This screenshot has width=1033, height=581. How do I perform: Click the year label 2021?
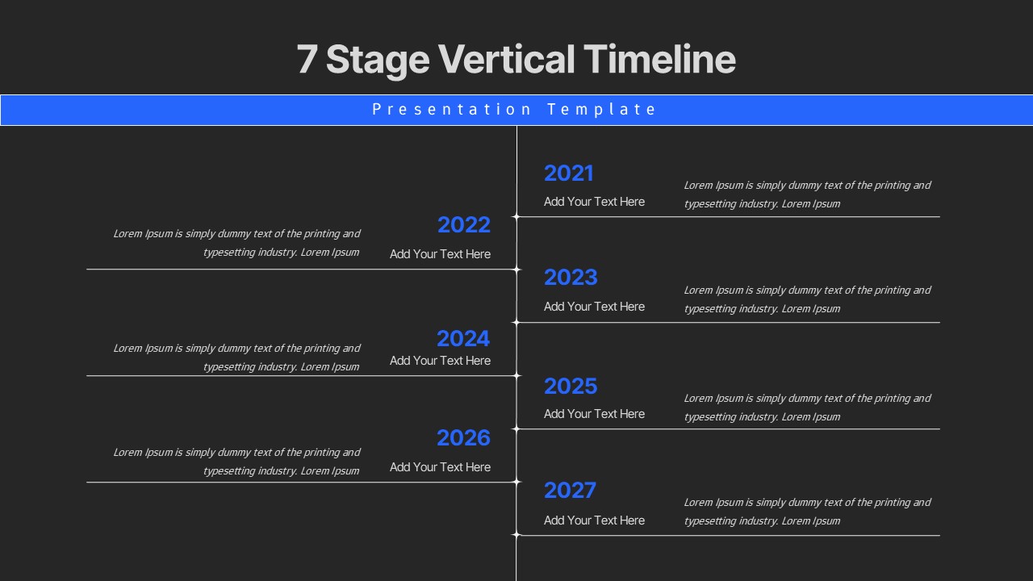pyautogui.click(x=568, y=173)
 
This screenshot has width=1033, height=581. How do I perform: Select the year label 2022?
pyautogui.click(x=463, y=225)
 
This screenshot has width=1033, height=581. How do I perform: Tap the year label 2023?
pyautogui.click(x=570, y=278)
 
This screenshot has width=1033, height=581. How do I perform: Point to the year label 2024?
pyautogui.click(x=463, y=339)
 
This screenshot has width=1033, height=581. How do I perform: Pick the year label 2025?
pyautogui.click(x=570, y=387)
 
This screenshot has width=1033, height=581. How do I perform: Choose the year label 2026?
pyautogui.click(x=463, y=438)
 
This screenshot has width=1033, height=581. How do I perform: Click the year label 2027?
pyautogui.click(x=570, y=491)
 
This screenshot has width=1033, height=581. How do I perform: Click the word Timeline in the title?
pyautogui.click(x=659, y=60)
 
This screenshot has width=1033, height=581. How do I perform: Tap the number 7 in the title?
pyautogui.click(x=306, y=60)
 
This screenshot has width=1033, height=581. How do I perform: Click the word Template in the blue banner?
pyautogui.click(x=602, y=110)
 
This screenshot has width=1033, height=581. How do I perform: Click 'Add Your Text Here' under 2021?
pyautogui.click(x=594, y=202)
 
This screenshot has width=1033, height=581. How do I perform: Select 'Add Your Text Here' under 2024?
pyautogui.click(x=440, y=361)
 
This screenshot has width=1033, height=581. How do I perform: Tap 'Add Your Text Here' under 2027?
pyautogui.click(x=594, y=520)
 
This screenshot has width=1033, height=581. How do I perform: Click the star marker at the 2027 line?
pyautogui.click(x=516, y=534)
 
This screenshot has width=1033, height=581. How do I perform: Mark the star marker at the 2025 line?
pyautogui.click(x=516, y=428)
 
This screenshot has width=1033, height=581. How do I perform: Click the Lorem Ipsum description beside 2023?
pyautogui.click(x=807, y=299)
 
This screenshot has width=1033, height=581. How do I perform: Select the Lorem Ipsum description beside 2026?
pyautogui.click(x=236, y=462)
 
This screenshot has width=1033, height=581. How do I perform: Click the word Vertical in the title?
pyautogui.click(x=506, y=60)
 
